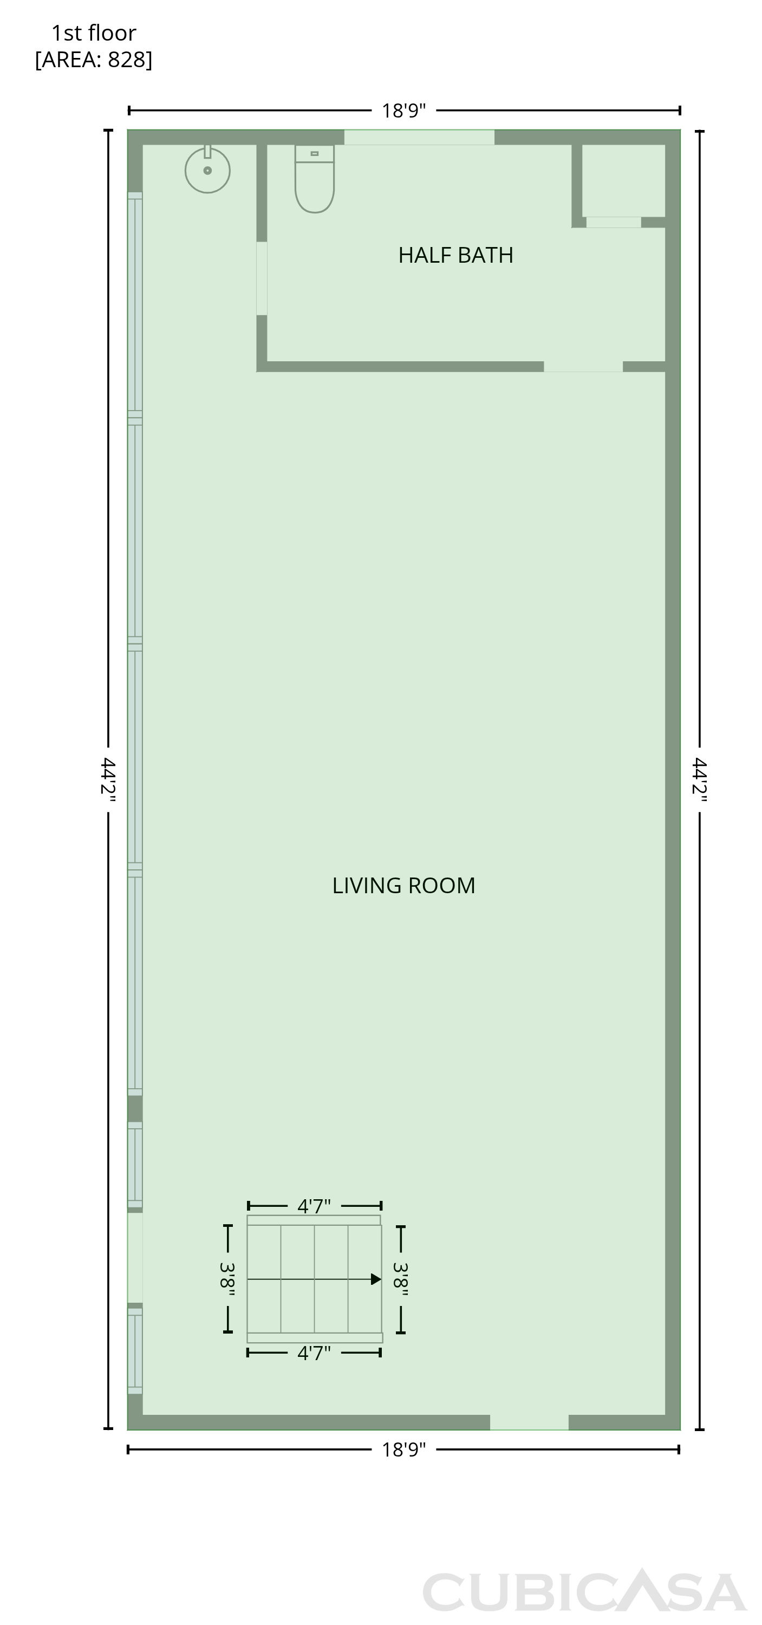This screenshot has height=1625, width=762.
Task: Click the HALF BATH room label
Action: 455,255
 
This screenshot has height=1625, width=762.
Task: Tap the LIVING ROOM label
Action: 403,886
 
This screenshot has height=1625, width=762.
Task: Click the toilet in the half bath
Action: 314,179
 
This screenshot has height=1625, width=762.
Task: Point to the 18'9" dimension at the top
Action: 403,110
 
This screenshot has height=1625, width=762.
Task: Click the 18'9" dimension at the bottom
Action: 403,1449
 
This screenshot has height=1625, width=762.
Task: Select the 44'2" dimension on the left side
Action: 108,779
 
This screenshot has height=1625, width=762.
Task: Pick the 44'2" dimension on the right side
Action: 700,779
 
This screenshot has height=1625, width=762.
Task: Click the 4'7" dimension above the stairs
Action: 314,1206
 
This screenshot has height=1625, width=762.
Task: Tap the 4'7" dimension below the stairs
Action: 314,1353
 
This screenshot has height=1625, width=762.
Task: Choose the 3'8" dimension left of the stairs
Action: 227,1279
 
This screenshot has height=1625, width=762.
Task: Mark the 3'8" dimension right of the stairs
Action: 401,1279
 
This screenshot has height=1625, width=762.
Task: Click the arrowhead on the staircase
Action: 376,1279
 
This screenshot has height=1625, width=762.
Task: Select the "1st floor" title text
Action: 93,33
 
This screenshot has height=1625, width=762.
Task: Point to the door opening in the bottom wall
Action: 529,1422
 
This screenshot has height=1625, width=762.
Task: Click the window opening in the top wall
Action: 419,138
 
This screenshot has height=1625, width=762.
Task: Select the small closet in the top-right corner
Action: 623,181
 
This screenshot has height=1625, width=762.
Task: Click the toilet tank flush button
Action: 314,153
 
